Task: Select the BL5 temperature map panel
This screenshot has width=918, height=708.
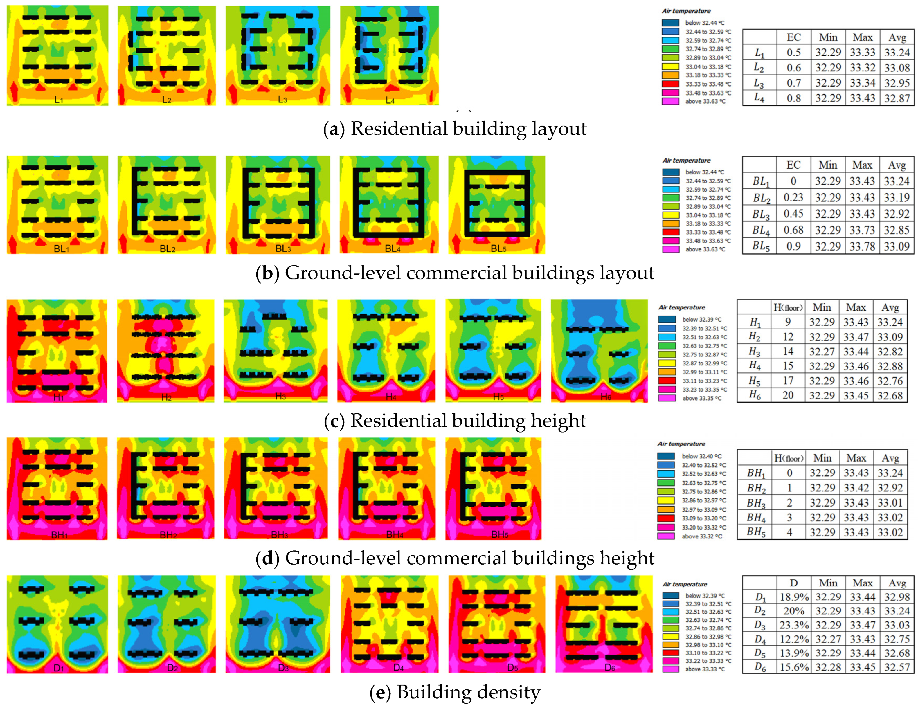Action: point(496,205)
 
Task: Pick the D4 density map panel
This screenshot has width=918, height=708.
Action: point(389,624)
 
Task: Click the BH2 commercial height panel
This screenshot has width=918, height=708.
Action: point(165,488)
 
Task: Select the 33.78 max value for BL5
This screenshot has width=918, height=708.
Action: point(862,246)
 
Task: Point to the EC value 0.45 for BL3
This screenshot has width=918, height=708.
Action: point(793,214)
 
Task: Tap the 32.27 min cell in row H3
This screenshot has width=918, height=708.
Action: point(821,351)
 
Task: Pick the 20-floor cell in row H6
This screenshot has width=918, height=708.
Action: point(788,395)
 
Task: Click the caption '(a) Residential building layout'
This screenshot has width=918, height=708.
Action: point(455,129)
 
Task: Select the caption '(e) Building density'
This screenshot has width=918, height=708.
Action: point(455,692)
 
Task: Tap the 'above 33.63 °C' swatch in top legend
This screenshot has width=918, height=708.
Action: point(670,101)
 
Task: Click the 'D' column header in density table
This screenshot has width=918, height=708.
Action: point(793,583)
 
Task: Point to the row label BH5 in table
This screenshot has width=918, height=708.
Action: point(756,532)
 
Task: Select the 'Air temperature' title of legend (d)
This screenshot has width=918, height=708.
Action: point(681,444)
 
